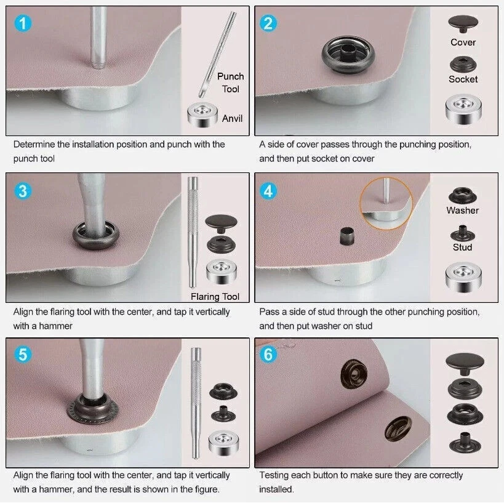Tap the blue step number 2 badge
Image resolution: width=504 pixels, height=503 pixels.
click(x=268, y=24)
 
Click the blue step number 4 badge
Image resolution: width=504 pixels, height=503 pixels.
click(x=268, y=190)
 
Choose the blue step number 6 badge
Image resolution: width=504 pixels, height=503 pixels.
click(x=268, y=355)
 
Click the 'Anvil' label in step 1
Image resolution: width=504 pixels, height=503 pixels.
click(x=233, y=118)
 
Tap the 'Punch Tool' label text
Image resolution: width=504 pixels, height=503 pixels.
click(x=230, y=82)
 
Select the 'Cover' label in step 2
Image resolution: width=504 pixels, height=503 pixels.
click(x=463, y=42)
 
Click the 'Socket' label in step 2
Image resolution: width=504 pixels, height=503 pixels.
click(x=463, y=79)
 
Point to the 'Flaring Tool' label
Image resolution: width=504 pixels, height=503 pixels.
click(x=215, y=297)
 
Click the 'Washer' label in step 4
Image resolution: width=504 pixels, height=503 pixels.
click(x=463, y=211)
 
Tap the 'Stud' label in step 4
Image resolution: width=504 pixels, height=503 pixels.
click(x=463, y=247)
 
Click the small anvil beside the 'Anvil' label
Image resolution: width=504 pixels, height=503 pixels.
click(x=203, y=116)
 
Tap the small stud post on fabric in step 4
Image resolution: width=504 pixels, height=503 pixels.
click(x=345, y=236)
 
